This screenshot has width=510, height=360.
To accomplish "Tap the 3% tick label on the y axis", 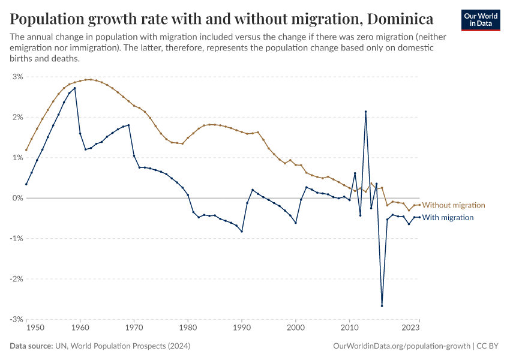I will (x=17, y=77).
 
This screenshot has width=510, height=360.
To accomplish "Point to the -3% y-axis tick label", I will (x=16, y=319).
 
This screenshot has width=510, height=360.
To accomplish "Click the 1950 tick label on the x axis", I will (x=35, y=328).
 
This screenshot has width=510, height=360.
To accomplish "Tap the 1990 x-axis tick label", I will (x=242, y=328).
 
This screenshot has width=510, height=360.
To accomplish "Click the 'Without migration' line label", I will (x=453, y=205).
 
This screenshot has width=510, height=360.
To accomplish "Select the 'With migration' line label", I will (x=448, y=217).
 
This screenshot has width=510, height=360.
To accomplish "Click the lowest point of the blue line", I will (x=382, y=306).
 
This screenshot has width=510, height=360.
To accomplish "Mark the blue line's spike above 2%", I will (x=365, y=112).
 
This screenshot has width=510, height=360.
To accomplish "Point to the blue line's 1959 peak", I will (x=74, y=88).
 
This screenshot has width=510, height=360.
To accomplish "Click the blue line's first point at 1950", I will (x=26, y=184).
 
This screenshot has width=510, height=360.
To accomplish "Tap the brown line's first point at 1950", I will (x=26, y=150).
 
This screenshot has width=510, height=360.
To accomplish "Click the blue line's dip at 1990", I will (x=242, y=232).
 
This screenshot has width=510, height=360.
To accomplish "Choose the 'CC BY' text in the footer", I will (x=489, y=346).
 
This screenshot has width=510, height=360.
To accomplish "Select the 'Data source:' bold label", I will (x=30, y=346).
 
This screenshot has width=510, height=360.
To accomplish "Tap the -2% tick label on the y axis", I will (x=16, y=279).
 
